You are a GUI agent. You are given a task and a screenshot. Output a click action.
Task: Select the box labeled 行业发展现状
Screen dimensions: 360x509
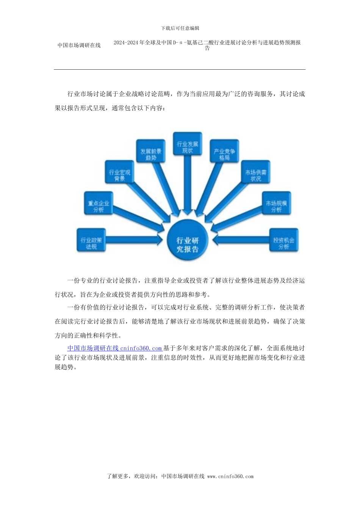click(x=187, y=144)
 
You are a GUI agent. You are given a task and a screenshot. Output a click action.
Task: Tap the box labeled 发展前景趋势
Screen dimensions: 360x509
click(x=151, y=151)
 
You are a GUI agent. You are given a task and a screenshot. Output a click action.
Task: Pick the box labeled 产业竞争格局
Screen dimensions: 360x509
click(x=224, y=151)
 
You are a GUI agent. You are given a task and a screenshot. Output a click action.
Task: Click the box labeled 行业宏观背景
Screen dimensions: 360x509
click(x=119, y=172)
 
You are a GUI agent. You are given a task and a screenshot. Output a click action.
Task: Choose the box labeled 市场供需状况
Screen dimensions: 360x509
click(x=256, y=172)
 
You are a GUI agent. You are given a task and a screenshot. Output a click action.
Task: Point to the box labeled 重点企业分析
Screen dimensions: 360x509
click(x=98, y=203)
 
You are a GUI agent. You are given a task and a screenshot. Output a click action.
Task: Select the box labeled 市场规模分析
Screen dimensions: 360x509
click(x=276, y=203)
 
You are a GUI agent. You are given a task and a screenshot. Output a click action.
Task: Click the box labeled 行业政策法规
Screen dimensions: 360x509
click(x=91, y=240)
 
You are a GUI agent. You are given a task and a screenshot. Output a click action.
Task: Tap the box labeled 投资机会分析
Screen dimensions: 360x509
click(x=283, y=240)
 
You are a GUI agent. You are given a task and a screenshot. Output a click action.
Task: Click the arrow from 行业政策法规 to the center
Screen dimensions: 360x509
click(x=136, y=240)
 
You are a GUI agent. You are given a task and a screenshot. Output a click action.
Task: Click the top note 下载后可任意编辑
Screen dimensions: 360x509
click(x=180, y=28)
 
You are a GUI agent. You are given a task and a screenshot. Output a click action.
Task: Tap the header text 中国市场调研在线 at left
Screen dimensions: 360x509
click(x=79, y=45)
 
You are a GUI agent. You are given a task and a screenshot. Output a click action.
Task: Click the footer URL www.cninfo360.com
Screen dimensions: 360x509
click(x=230, y=476)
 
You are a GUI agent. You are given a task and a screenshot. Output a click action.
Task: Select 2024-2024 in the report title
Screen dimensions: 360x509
click(x=126, y=43)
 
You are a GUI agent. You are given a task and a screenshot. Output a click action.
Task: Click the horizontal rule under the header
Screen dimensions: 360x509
click(x=180, y=70)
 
